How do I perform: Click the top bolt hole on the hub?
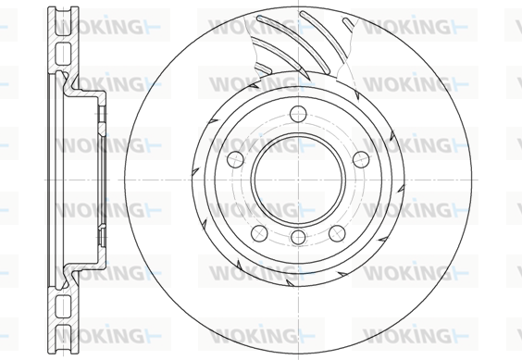tap(298, 114)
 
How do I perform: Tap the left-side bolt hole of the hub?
tap(235, 159)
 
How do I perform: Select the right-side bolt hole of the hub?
tap(361, 159)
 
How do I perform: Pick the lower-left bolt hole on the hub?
tap(259, 233)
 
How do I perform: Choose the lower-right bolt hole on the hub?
tap(337, 233)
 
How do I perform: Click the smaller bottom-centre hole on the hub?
tap(298, 237)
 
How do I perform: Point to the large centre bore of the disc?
tap(298, 180)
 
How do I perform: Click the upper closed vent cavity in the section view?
tap(63, 54)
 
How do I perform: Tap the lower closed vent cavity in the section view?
tap(63, 306)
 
